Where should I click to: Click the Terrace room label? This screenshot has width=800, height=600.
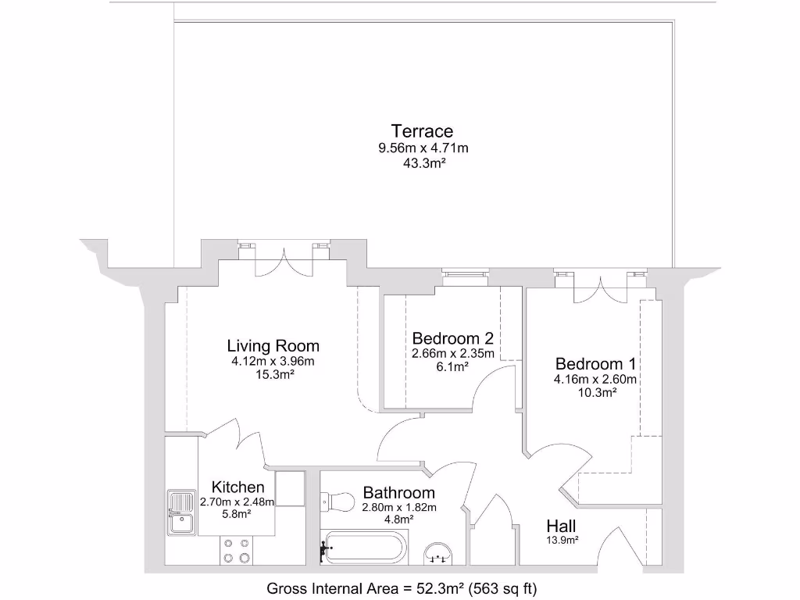click(x=423, y=131)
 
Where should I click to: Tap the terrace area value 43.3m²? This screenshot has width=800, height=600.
click(x=423, y=164)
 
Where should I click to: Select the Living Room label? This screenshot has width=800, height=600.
click(x=273, y=345)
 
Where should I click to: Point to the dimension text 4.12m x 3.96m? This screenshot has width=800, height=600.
click(x=273, y=361)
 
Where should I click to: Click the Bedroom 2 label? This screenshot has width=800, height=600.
click(x=453, y=338)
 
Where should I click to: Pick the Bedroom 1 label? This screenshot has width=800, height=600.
click(x=595, y=364)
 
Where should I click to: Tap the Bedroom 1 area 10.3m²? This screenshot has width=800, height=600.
click(x=596, y=393)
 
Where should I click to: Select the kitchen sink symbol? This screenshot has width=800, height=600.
click(x=181, y=512)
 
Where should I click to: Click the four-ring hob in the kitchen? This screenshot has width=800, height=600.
click(x=236, y=549)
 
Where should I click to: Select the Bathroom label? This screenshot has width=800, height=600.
click(x=398, y=493)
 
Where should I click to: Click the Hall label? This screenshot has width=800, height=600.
click(x=562, y=525)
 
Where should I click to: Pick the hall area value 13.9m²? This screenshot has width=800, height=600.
click(x=562, y=540)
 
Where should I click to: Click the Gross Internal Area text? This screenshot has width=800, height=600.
click(x=402, y=587)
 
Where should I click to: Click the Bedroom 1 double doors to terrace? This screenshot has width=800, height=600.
click(x=600, y=287)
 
